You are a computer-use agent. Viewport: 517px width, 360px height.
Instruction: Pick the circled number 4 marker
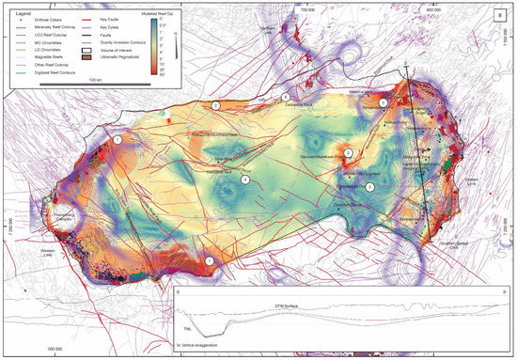pos(245,180)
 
